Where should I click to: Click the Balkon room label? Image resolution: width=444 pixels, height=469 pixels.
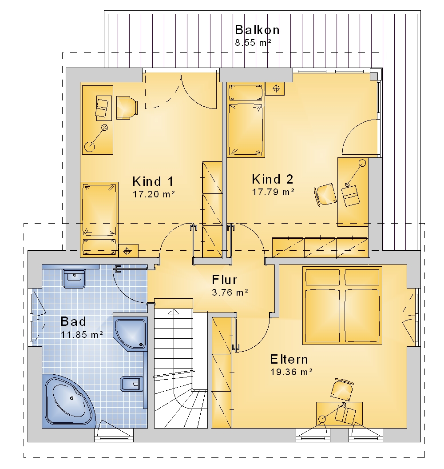(x=257, y=30)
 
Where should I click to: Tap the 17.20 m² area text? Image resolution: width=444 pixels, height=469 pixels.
(x=154, y=194)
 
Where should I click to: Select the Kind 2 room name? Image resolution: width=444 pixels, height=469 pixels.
(x=273, y=179)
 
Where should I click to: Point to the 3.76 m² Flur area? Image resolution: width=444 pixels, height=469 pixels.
(x=230, y=292)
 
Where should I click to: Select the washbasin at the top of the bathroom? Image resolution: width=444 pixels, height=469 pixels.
(x=74, y=278)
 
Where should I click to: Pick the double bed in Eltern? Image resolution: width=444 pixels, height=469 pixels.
(x=342, y=305)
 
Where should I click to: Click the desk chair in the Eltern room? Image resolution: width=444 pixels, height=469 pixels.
(x=342, y=389)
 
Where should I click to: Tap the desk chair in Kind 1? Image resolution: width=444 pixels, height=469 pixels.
(x=127, y=108)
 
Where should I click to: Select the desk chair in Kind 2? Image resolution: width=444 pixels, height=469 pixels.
(x=325, y=195)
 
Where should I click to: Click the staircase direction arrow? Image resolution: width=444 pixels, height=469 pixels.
(x=174, y=312)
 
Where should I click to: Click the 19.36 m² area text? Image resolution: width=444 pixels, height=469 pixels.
(x=291, y=372)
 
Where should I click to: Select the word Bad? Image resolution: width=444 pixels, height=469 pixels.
(x=73, y=321)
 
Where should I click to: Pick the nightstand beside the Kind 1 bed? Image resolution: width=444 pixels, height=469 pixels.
(x=128, y=251)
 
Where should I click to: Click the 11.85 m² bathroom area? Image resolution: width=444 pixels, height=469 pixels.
(x=82, y=334)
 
